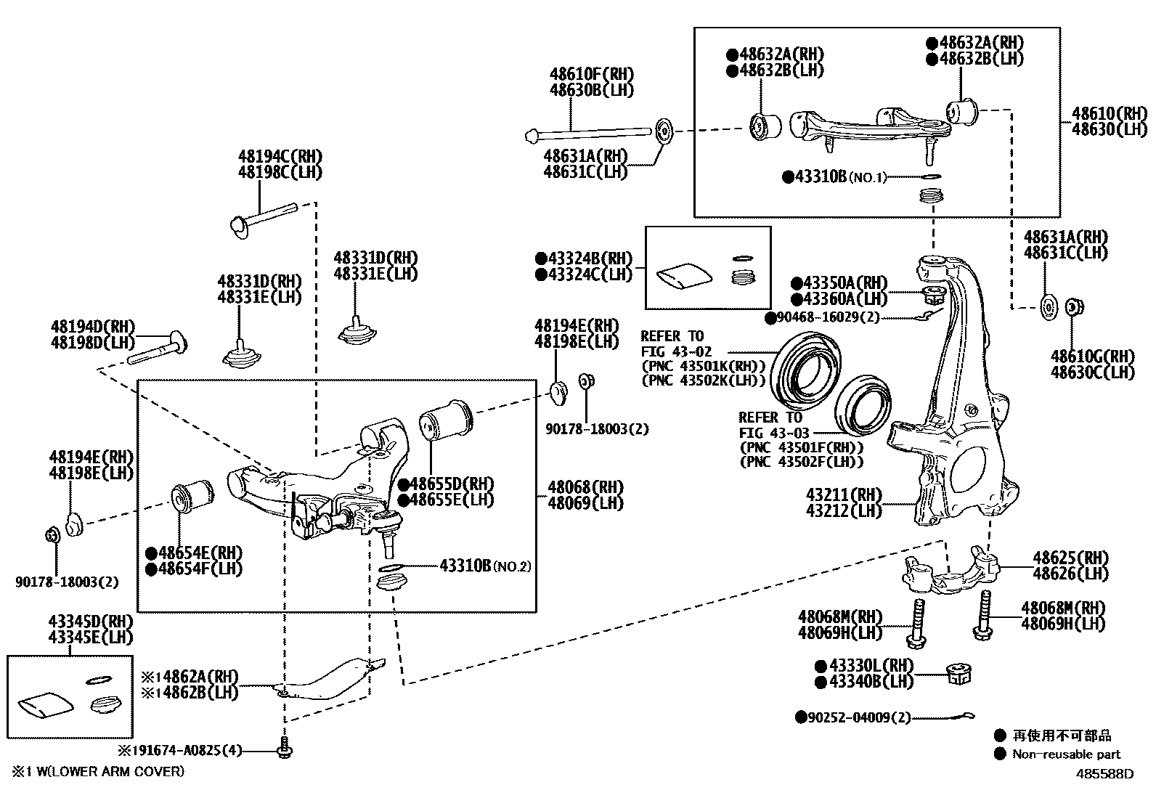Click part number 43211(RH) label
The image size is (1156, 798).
pyautogui.click(x=843, y=495)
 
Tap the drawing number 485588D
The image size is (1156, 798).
pyautogui.click(x=1104, y=773)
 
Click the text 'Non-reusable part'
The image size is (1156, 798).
pyautogui.click(x=1066, y=754)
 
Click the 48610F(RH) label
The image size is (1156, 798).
pyautogui.click(x=591, y=74)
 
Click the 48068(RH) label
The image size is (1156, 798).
pyautogui.click(x=585, y=486)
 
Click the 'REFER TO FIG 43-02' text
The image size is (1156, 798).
pyautogui.click(x=672, y=344)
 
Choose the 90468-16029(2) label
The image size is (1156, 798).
pyautogui.click(x=828, y=317)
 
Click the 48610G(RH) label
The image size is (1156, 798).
pyautogui.click(x=1092, y=357)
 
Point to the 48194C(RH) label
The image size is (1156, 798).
pyautogui.click(x=280, y=156)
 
